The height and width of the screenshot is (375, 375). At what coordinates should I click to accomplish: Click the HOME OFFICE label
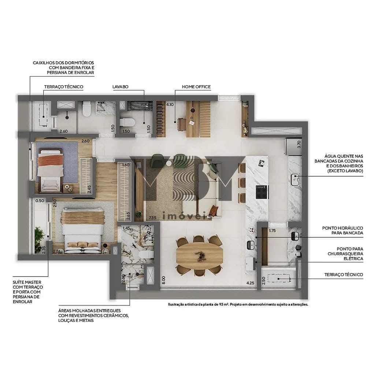coord(196,87)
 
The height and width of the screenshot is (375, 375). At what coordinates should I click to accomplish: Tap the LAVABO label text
coord(120,87)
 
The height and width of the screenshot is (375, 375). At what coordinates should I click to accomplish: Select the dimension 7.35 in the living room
coord(153,218)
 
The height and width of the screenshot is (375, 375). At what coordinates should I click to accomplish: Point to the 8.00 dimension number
coord(163,280)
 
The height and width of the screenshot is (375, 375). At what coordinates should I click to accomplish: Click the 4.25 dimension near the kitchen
coord(250,283)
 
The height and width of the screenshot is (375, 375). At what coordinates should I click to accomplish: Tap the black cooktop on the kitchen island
coord(262,192)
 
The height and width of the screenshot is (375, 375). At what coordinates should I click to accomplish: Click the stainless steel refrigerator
coord(293,146)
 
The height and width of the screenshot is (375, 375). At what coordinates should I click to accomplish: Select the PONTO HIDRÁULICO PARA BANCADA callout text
coord(342,230)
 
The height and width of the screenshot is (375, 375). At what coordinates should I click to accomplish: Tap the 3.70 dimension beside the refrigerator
coord(299,144)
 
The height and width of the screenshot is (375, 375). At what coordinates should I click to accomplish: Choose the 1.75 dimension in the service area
coord(272,231)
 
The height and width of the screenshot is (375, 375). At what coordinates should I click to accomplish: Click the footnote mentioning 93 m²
coord(238,304)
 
